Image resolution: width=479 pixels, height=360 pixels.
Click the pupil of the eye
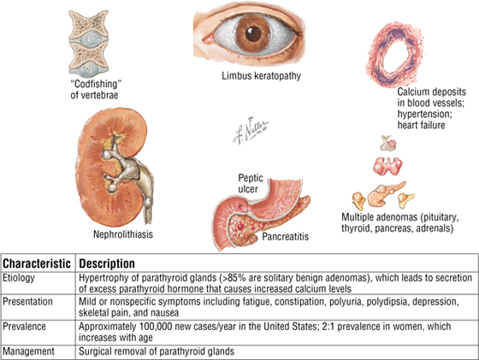[x=253, y=33]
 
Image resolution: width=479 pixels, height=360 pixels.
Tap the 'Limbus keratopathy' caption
[x=261, y=76]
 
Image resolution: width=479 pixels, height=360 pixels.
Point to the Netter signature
[x=251, y=130]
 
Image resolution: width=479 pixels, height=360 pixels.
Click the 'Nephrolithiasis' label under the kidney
[x=123, y=234]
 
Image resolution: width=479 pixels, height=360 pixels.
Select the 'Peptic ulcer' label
[x=250, y=183]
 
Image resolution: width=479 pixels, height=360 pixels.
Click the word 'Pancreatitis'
[x=286, y=236]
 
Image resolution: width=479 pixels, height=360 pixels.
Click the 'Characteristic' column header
[x=37, y=263]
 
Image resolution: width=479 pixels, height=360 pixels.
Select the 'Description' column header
[x=107, y=264]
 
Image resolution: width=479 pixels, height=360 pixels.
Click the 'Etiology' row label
[x=19, y=278]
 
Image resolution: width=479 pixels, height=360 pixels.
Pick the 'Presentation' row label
[x=27, y=302]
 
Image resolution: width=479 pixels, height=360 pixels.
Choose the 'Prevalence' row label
[x=25, y=327]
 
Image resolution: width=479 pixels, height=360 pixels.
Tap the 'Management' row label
[x=29, y=351]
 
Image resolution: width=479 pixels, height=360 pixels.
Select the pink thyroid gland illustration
[x=387, y=166]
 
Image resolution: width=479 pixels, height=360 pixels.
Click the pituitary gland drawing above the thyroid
[x=388, y=143]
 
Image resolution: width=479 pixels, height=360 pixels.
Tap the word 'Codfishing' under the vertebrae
[x=96, y=84]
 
